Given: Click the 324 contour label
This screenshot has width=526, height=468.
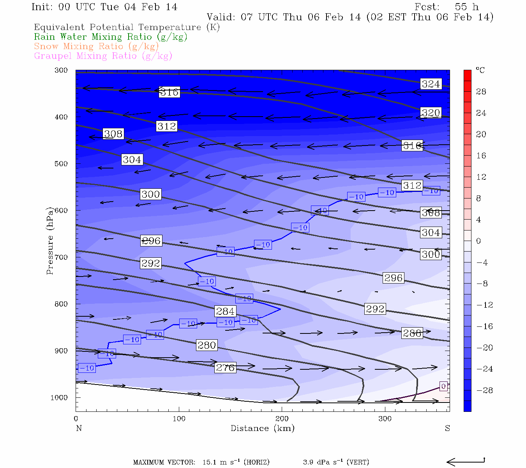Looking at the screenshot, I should click(x=431, y=84).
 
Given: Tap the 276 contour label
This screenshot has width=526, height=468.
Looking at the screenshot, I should click(x=225, y=367).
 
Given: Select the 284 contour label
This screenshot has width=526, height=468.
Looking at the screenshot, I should click(x=225, y=311).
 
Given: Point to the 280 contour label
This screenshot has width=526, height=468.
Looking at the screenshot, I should click(x=207, y=345).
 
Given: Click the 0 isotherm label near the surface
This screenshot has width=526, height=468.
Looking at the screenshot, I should click(x=443, y=386).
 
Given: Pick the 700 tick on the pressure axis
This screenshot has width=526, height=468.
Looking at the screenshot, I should click(x=61, y=257).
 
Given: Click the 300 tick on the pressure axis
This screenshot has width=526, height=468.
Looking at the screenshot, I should click(x=61, y=70).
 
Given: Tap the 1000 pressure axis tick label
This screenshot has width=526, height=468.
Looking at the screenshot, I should click(x=59, y=397).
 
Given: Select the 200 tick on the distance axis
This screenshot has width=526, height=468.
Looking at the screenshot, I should click(x=282, y=419).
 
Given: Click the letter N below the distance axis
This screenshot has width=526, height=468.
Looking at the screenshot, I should click(x=79, y=428).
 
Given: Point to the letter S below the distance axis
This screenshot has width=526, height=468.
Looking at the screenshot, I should click(x=447, y=428).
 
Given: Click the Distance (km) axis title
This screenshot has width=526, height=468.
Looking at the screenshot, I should click(x=262, y=428).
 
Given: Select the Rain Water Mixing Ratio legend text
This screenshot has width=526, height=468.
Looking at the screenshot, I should click(x=111, y=37).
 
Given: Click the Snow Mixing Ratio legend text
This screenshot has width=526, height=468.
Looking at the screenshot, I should click(x=96, y=46).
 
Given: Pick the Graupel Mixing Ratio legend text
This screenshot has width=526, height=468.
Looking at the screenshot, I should click(x=103, y=56).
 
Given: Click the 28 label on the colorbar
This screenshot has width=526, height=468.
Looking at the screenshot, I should click(x=481, y=92).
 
